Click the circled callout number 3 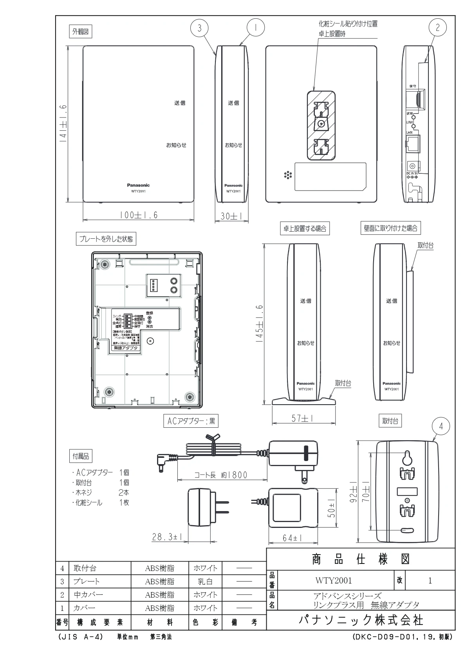click(200, 28)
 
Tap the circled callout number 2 click(437, 27)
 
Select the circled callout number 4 click(441, 427)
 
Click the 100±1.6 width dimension click(139, 215)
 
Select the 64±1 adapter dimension click(292, 538)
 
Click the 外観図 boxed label click(80, 32)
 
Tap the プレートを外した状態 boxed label click(106, 239)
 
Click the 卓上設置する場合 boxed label click(305, 229)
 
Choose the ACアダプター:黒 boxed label click(191, 421)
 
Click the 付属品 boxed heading click(81, 456)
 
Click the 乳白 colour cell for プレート click(205, 582)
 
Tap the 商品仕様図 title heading click(360, 560)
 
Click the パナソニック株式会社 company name click(360, 620)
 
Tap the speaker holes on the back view click(288, 175)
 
